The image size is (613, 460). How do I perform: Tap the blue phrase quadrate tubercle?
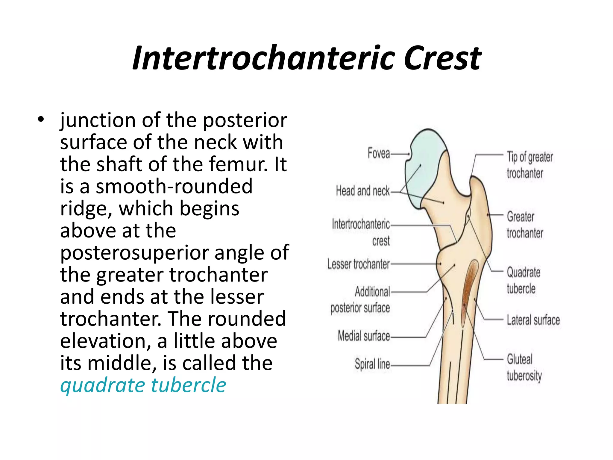143,385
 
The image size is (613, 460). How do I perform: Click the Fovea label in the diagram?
379,153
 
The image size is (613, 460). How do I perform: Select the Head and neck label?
363,191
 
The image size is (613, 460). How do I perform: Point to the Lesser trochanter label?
358,264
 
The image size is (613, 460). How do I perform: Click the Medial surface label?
364,336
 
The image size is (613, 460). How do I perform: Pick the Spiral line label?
372,364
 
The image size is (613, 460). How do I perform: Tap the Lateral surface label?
533,320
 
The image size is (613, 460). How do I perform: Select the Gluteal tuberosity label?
524,367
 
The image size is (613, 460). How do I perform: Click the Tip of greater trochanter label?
529,165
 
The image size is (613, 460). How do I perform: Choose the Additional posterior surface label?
360,300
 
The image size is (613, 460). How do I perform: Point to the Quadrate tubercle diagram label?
524,280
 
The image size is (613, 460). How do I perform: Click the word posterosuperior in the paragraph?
135,252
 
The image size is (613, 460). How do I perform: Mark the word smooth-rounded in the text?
174,186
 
